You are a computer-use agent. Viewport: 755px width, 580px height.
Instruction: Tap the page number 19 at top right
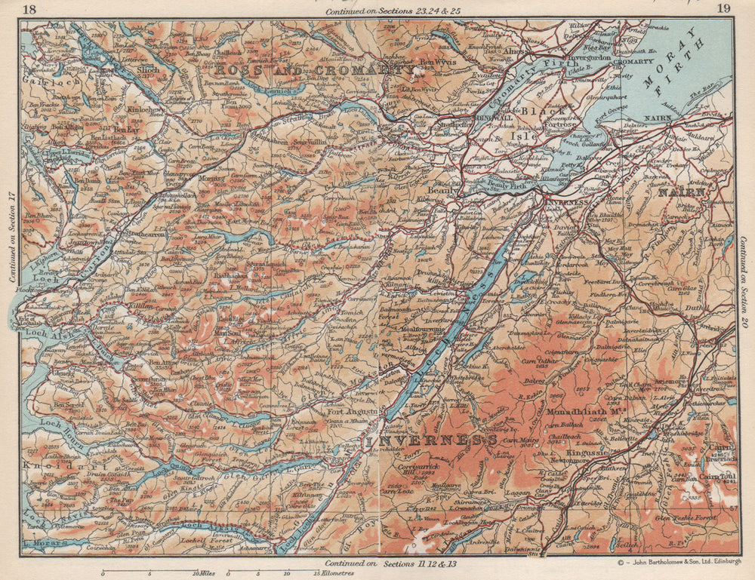[x=723, y=9]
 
